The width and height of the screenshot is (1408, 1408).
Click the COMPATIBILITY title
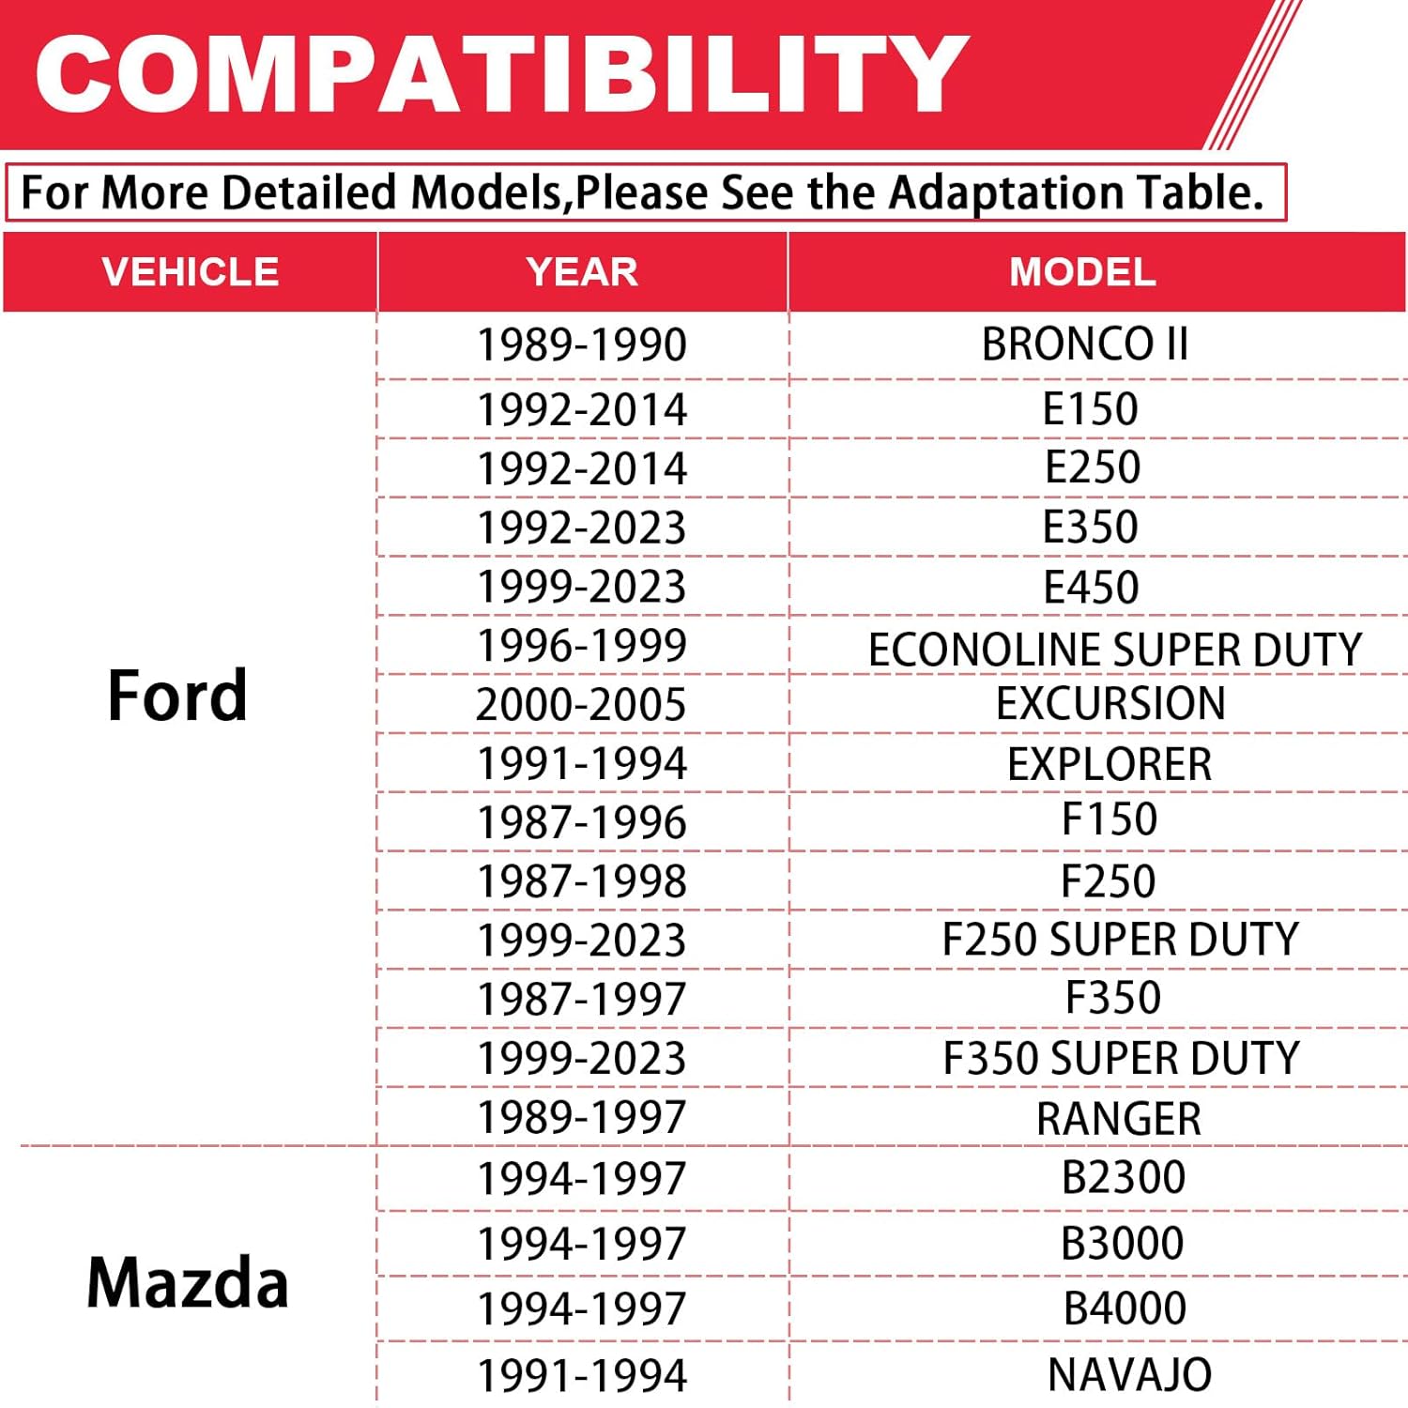[x=501, y=73]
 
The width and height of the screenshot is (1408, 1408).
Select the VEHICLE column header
[x=191, y=272]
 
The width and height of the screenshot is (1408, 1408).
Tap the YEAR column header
[x=582, y=272]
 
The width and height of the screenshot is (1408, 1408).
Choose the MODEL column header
[x=1082, y=272]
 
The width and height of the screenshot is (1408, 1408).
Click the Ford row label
[x=177, y=696]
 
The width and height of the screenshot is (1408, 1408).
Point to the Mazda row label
[x=187, y=1282]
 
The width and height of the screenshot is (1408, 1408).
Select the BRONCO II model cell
[x=1085, y=344]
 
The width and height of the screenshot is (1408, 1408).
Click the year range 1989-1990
[x=582, y=344]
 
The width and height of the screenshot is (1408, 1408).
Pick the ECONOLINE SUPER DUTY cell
[x=1115, y=650]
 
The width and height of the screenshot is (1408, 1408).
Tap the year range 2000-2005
[x=582, y=705]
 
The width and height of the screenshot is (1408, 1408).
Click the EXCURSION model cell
[x=1110, y=703]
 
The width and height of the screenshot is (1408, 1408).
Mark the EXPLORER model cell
[x=1110, y=764]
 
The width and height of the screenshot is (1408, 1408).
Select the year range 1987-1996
[x=582, y=822]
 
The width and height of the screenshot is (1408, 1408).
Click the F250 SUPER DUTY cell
[x=1121, y=940]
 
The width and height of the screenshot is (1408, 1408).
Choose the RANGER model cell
[x=1119, y=1118]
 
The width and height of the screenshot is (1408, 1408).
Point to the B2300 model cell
[x=1124, y=1177]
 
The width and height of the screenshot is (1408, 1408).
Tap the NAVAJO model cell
[x=1129, y=1375]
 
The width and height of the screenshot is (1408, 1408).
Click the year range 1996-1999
[x=582, y=646]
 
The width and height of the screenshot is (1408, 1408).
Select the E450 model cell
[x=1091, y=588]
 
